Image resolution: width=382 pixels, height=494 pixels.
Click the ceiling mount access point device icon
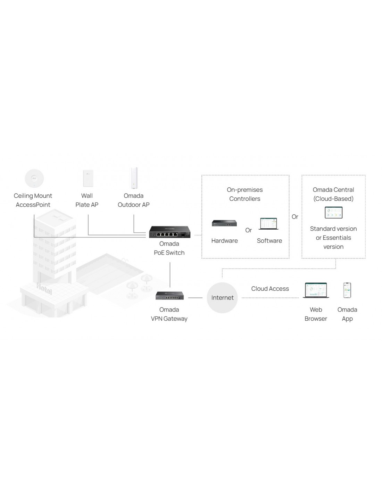(34, 179)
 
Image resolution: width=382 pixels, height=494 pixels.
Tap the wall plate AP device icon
(87, 179)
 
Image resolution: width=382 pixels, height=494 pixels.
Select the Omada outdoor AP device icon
(134, 178)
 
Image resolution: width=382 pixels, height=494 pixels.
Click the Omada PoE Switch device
(169, 232)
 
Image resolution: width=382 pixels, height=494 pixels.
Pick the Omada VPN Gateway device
(169, 296)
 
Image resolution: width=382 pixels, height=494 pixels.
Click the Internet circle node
(222, 298)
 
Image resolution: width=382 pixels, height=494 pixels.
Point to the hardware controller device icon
(224, 223)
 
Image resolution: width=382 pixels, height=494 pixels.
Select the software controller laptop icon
(269, 224)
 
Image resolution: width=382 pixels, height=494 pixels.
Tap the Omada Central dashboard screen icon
(333, 213)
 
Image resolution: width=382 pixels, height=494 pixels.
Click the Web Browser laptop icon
(316, 290)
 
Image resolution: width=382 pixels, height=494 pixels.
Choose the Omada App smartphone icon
(347, 290)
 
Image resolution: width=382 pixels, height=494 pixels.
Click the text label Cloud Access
(270, 289)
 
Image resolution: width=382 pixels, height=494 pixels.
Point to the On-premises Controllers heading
(245, 194)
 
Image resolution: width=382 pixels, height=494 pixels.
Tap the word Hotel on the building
(44, 288)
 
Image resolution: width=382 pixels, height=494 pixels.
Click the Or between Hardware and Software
(249, 230)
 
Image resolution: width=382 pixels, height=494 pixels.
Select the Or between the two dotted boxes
(295, 217)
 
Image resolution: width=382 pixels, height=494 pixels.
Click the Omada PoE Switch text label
(169, 248)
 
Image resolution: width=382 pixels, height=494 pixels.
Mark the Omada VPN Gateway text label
(169, 314)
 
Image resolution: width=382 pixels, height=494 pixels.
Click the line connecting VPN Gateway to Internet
(195, 298)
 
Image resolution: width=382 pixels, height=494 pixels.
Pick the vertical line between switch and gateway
(170, 274)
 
